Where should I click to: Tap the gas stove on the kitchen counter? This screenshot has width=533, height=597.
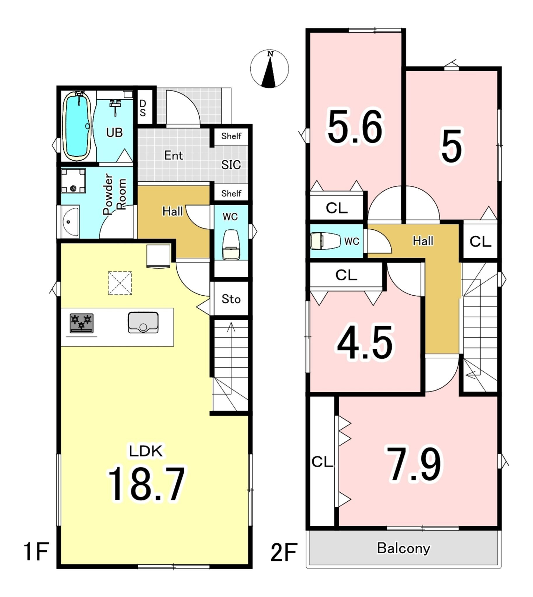coord(81,323)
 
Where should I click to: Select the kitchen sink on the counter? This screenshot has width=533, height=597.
coord(143,322)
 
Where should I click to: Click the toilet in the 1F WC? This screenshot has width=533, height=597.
coord(231,245)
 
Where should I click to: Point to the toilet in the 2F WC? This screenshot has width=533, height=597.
coord(325,241)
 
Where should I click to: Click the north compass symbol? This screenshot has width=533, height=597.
coord(270,69)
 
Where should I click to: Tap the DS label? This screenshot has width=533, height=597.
coord(143,108)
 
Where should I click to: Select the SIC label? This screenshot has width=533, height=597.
coord(231,165)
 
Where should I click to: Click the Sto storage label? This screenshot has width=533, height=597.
coord(231,299)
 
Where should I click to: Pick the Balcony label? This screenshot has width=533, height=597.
coord(403,548)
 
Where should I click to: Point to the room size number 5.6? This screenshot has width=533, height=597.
coord(355,127)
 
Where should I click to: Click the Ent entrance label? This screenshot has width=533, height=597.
coord(174,155)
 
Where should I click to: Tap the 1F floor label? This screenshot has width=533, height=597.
coord(36,551)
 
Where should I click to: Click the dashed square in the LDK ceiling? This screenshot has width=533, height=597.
coord(120,283)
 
